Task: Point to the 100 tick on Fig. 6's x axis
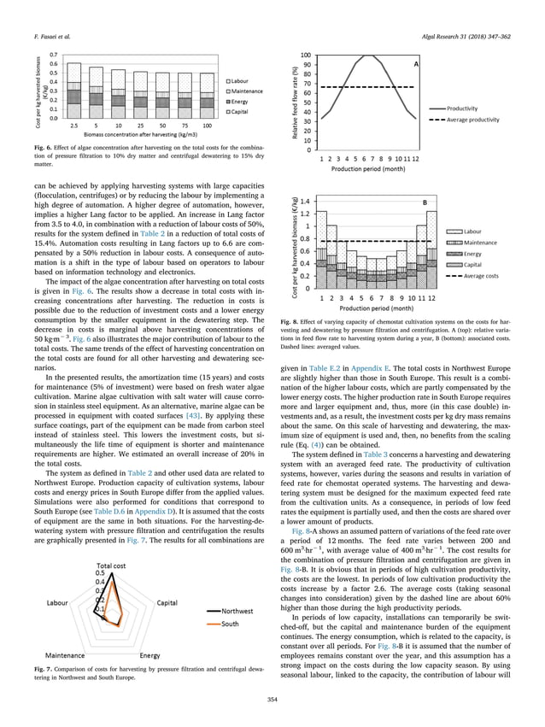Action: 207,125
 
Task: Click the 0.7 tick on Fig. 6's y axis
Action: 53,54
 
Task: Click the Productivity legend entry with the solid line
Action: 466,108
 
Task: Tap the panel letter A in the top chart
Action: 416,64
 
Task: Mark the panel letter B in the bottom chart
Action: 421,202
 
